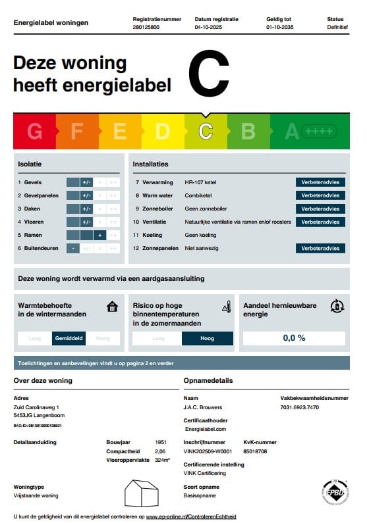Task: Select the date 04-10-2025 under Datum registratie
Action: click(210, 28)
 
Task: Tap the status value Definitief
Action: click(337, 28)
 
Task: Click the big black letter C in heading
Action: click(209, 74)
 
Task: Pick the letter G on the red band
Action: click(34, 132)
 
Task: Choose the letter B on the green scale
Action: click(248, 132)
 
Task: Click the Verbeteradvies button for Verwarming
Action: click(320, 182)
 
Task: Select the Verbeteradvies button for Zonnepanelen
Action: click(320, 248)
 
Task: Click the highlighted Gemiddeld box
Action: click(69, 338)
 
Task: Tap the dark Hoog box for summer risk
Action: click(207, 338)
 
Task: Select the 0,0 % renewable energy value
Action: click(294, 338)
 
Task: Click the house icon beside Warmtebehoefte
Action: click(113, 307)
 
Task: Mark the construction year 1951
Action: click(159, 442)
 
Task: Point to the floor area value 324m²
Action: click(162, 461)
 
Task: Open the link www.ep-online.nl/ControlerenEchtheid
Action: click(191, 516)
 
